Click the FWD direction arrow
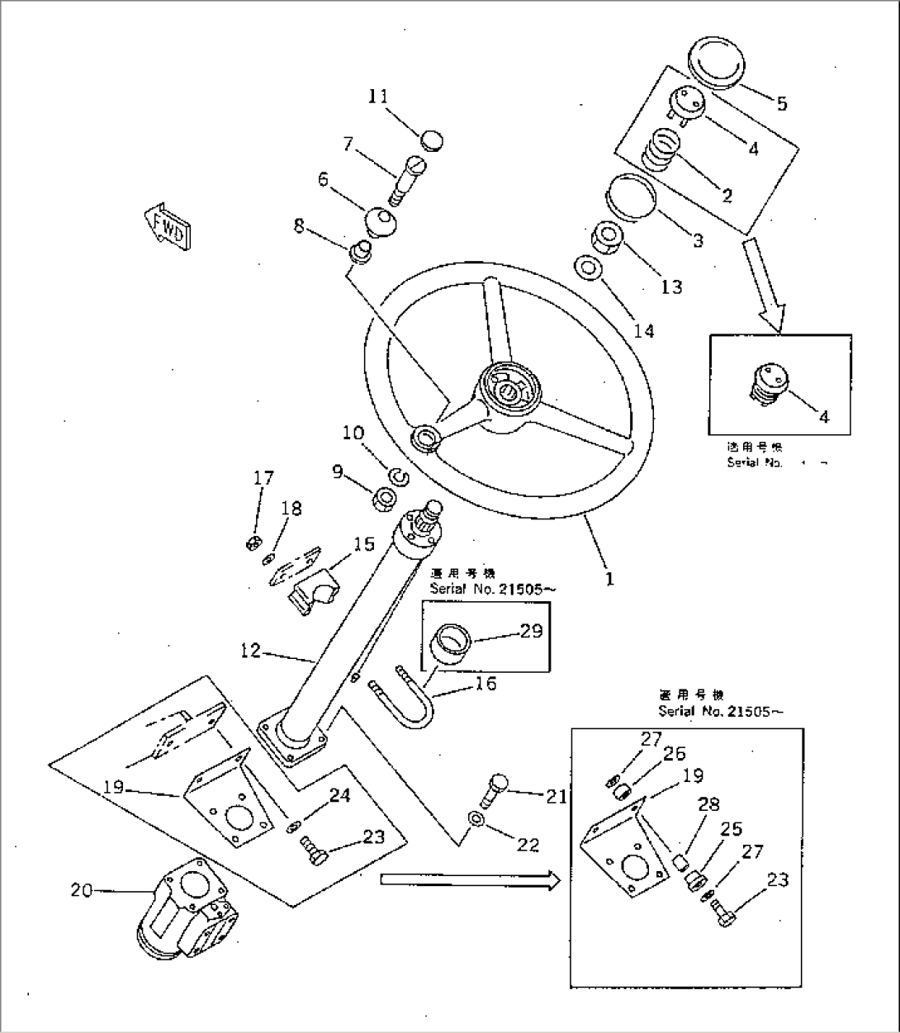click(168, 223)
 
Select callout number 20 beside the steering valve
click(82, 891)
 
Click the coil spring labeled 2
click(661, 149)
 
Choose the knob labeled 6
click(380, 221)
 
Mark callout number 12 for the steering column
click(251, 652)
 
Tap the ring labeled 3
click(632, 197)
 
